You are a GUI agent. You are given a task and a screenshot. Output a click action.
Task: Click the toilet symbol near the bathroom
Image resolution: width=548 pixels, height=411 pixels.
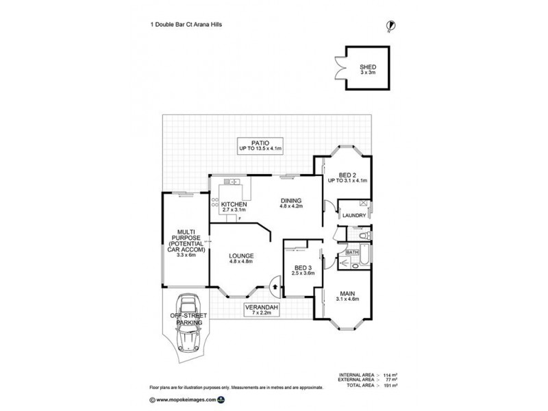[x=363, y=236]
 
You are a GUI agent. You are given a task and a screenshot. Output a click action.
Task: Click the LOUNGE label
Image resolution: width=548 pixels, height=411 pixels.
[x=241, y=258]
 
